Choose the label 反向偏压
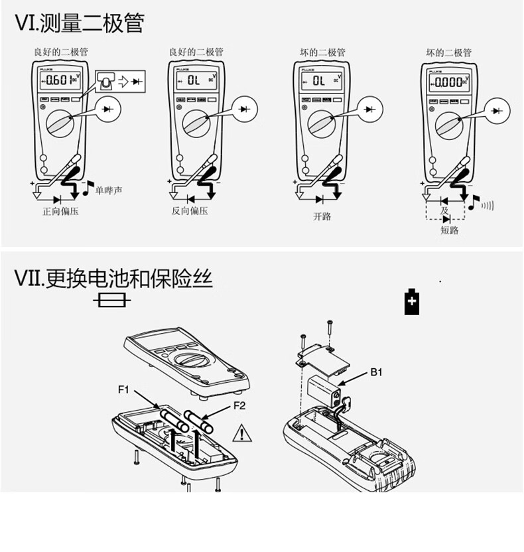[190, 212]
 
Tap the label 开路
[322, 216]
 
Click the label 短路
[449, 230]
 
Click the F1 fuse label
[123, 389]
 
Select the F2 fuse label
[239, 405]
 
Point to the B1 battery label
[377, 373]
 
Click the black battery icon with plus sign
[412, 302]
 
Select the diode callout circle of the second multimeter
[247, 107]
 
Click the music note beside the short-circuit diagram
[473, 202]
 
